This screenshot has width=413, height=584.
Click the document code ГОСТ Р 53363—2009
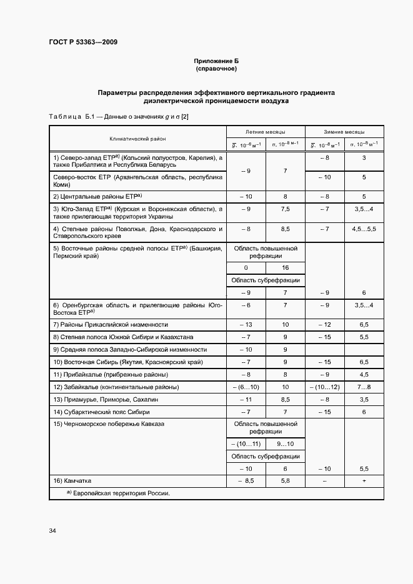[82, 42]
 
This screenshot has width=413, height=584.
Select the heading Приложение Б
[216, 61]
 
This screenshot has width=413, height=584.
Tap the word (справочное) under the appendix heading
[216, 69]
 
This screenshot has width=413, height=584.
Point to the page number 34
[52, 530]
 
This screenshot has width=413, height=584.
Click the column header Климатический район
[137, 139]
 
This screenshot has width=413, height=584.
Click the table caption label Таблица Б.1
[71, 117]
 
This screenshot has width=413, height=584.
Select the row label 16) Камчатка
[72, 481]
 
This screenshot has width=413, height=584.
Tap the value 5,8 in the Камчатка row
[285, 481]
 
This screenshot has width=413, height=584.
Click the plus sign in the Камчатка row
[364, 481]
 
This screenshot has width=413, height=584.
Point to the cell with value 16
[285, 267]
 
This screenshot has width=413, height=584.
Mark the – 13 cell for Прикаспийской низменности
[246, 325]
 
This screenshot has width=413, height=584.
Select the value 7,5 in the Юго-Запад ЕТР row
[285, 209]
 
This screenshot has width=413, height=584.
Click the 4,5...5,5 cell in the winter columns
[364, 229]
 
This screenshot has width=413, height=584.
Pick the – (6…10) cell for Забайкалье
[246, 387]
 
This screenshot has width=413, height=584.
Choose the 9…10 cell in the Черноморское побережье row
[285, 443]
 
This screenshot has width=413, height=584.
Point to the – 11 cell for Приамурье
[246, 400]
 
